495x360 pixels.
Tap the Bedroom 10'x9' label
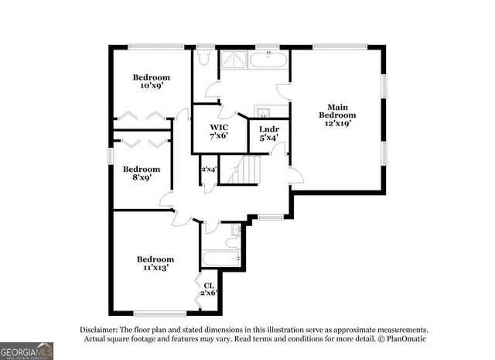coord(151,81)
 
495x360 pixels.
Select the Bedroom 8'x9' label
coord(141,173)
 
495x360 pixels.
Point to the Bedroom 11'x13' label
coord(155,262)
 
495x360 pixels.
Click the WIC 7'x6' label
coord(219,132)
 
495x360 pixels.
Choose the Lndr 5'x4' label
coord(268,133)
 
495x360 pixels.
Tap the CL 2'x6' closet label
coord(209,290)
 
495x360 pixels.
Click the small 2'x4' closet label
coord(209,169)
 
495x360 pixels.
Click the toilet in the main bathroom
coord(205,57)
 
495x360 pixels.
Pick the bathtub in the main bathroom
coord(269,60)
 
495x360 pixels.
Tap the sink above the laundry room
coord(262,111)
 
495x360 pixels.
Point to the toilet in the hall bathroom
coord(236,231)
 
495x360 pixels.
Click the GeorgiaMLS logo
coord(27,351)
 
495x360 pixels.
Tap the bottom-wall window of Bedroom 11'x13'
coord(159,313)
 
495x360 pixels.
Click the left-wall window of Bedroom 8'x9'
coord(111,155)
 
